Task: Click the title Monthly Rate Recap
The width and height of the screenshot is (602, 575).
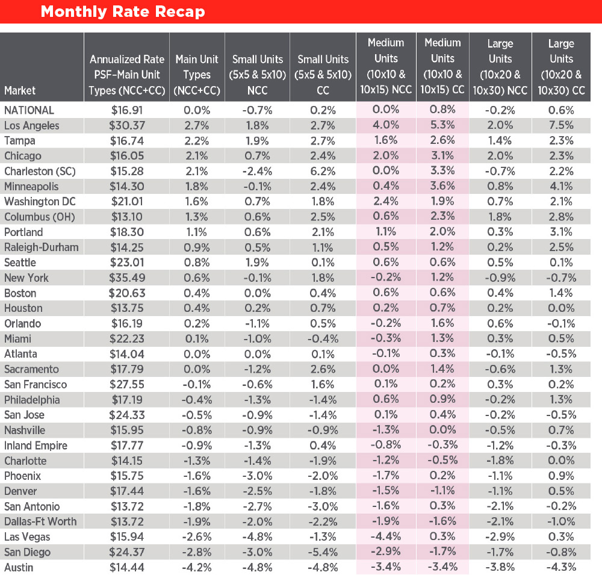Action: [123, 12]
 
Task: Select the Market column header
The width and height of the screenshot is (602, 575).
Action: [20, 90]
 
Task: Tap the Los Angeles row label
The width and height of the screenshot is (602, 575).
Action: [32, 125]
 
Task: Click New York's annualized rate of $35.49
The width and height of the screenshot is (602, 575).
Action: [126, 278]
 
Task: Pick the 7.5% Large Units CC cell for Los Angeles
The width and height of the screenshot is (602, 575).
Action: [561, 125]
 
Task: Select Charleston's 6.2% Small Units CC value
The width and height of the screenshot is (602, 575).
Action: [323, 171]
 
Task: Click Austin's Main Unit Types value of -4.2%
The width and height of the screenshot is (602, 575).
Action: [197, 567]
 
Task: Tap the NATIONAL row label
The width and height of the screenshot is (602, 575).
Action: [29, 110]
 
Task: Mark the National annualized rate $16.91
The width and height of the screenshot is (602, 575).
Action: [126, 110]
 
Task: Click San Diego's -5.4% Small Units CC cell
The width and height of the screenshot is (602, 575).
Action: [323, 552]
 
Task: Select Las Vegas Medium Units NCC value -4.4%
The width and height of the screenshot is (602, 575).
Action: [386, 536]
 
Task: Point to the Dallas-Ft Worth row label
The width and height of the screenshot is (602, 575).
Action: [40, 521]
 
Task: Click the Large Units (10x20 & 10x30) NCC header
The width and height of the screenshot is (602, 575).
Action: [500, 67]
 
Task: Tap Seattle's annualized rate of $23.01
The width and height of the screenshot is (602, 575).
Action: [126, 263]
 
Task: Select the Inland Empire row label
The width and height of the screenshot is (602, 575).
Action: [36, 446]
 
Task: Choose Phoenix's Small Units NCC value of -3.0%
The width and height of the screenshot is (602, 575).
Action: [257, 476]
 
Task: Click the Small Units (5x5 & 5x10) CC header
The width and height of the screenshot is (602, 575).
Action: [323, 75]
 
